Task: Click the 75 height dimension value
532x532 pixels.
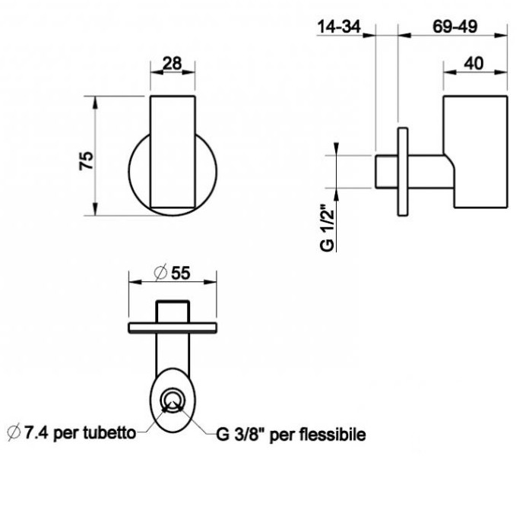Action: pos(86,160)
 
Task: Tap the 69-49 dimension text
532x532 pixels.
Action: pos(454,27)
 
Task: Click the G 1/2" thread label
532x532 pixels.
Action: pos(328,226)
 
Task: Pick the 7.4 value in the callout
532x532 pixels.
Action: pos(35,434)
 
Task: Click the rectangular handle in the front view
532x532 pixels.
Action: pos(173,152)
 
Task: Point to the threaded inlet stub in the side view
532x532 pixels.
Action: pos(384,171)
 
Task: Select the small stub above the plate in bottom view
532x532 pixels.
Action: pos(173,311)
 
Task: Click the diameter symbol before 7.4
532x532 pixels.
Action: pos(12,434)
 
